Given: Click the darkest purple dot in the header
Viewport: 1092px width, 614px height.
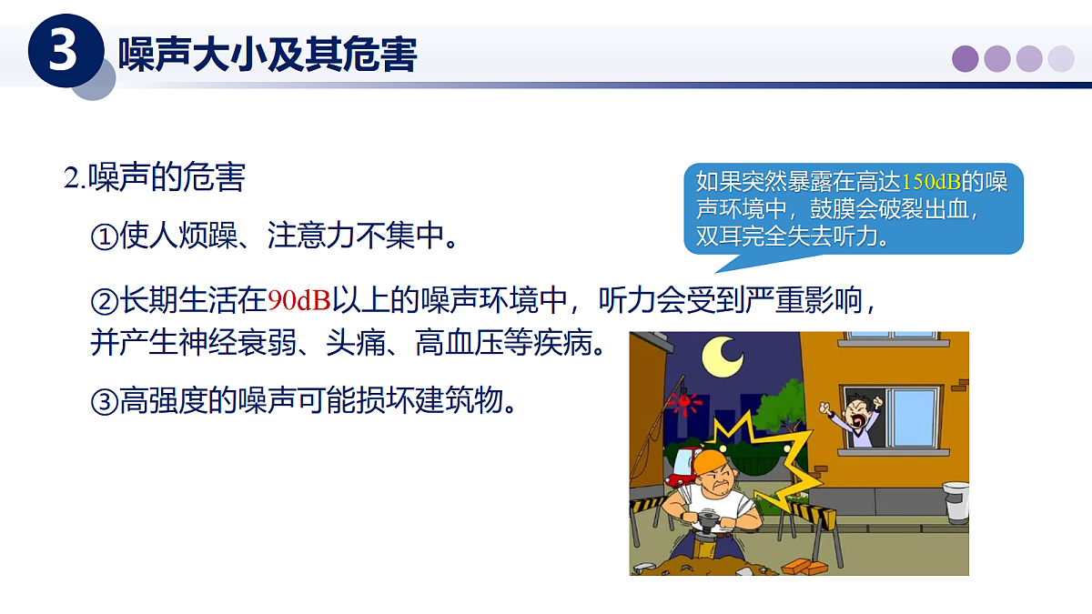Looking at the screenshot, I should [966, 59].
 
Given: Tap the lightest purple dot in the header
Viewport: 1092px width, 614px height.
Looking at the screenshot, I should [1061, 59].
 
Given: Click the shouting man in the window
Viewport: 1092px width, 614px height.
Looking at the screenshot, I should [857, 419].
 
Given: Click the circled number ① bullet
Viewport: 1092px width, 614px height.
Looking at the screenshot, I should [105, 238].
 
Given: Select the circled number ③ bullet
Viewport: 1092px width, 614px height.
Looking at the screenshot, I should [105, 400].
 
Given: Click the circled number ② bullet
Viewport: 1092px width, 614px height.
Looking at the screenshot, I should [105, 299].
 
